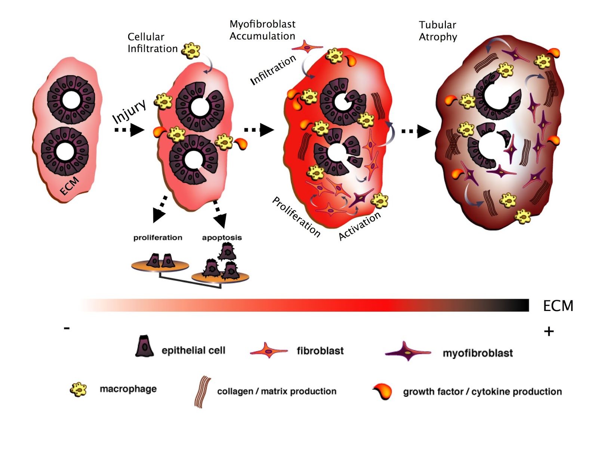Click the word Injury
click(129, 111)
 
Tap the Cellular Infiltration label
click(152, 43)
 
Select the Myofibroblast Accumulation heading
click(262, 30)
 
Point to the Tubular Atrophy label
click(438, 31)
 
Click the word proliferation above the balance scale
click(158, 238)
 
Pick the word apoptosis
click(222, 238)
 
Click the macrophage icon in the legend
click(78, 390)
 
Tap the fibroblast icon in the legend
click(268, 351)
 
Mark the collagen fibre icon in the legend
click(202, 392)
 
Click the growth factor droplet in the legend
click(383, 391)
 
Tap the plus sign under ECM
click(549, 331)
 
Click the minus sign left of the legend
click(67, 328)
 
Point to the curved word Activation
click(359, 226)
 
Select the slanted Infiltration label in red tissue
click(273, 70)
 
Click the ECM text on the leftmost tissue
click(70, 186)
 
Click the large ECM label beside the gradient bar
click(558, 306)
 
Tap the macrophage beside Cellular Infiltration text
click(191, 51)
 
